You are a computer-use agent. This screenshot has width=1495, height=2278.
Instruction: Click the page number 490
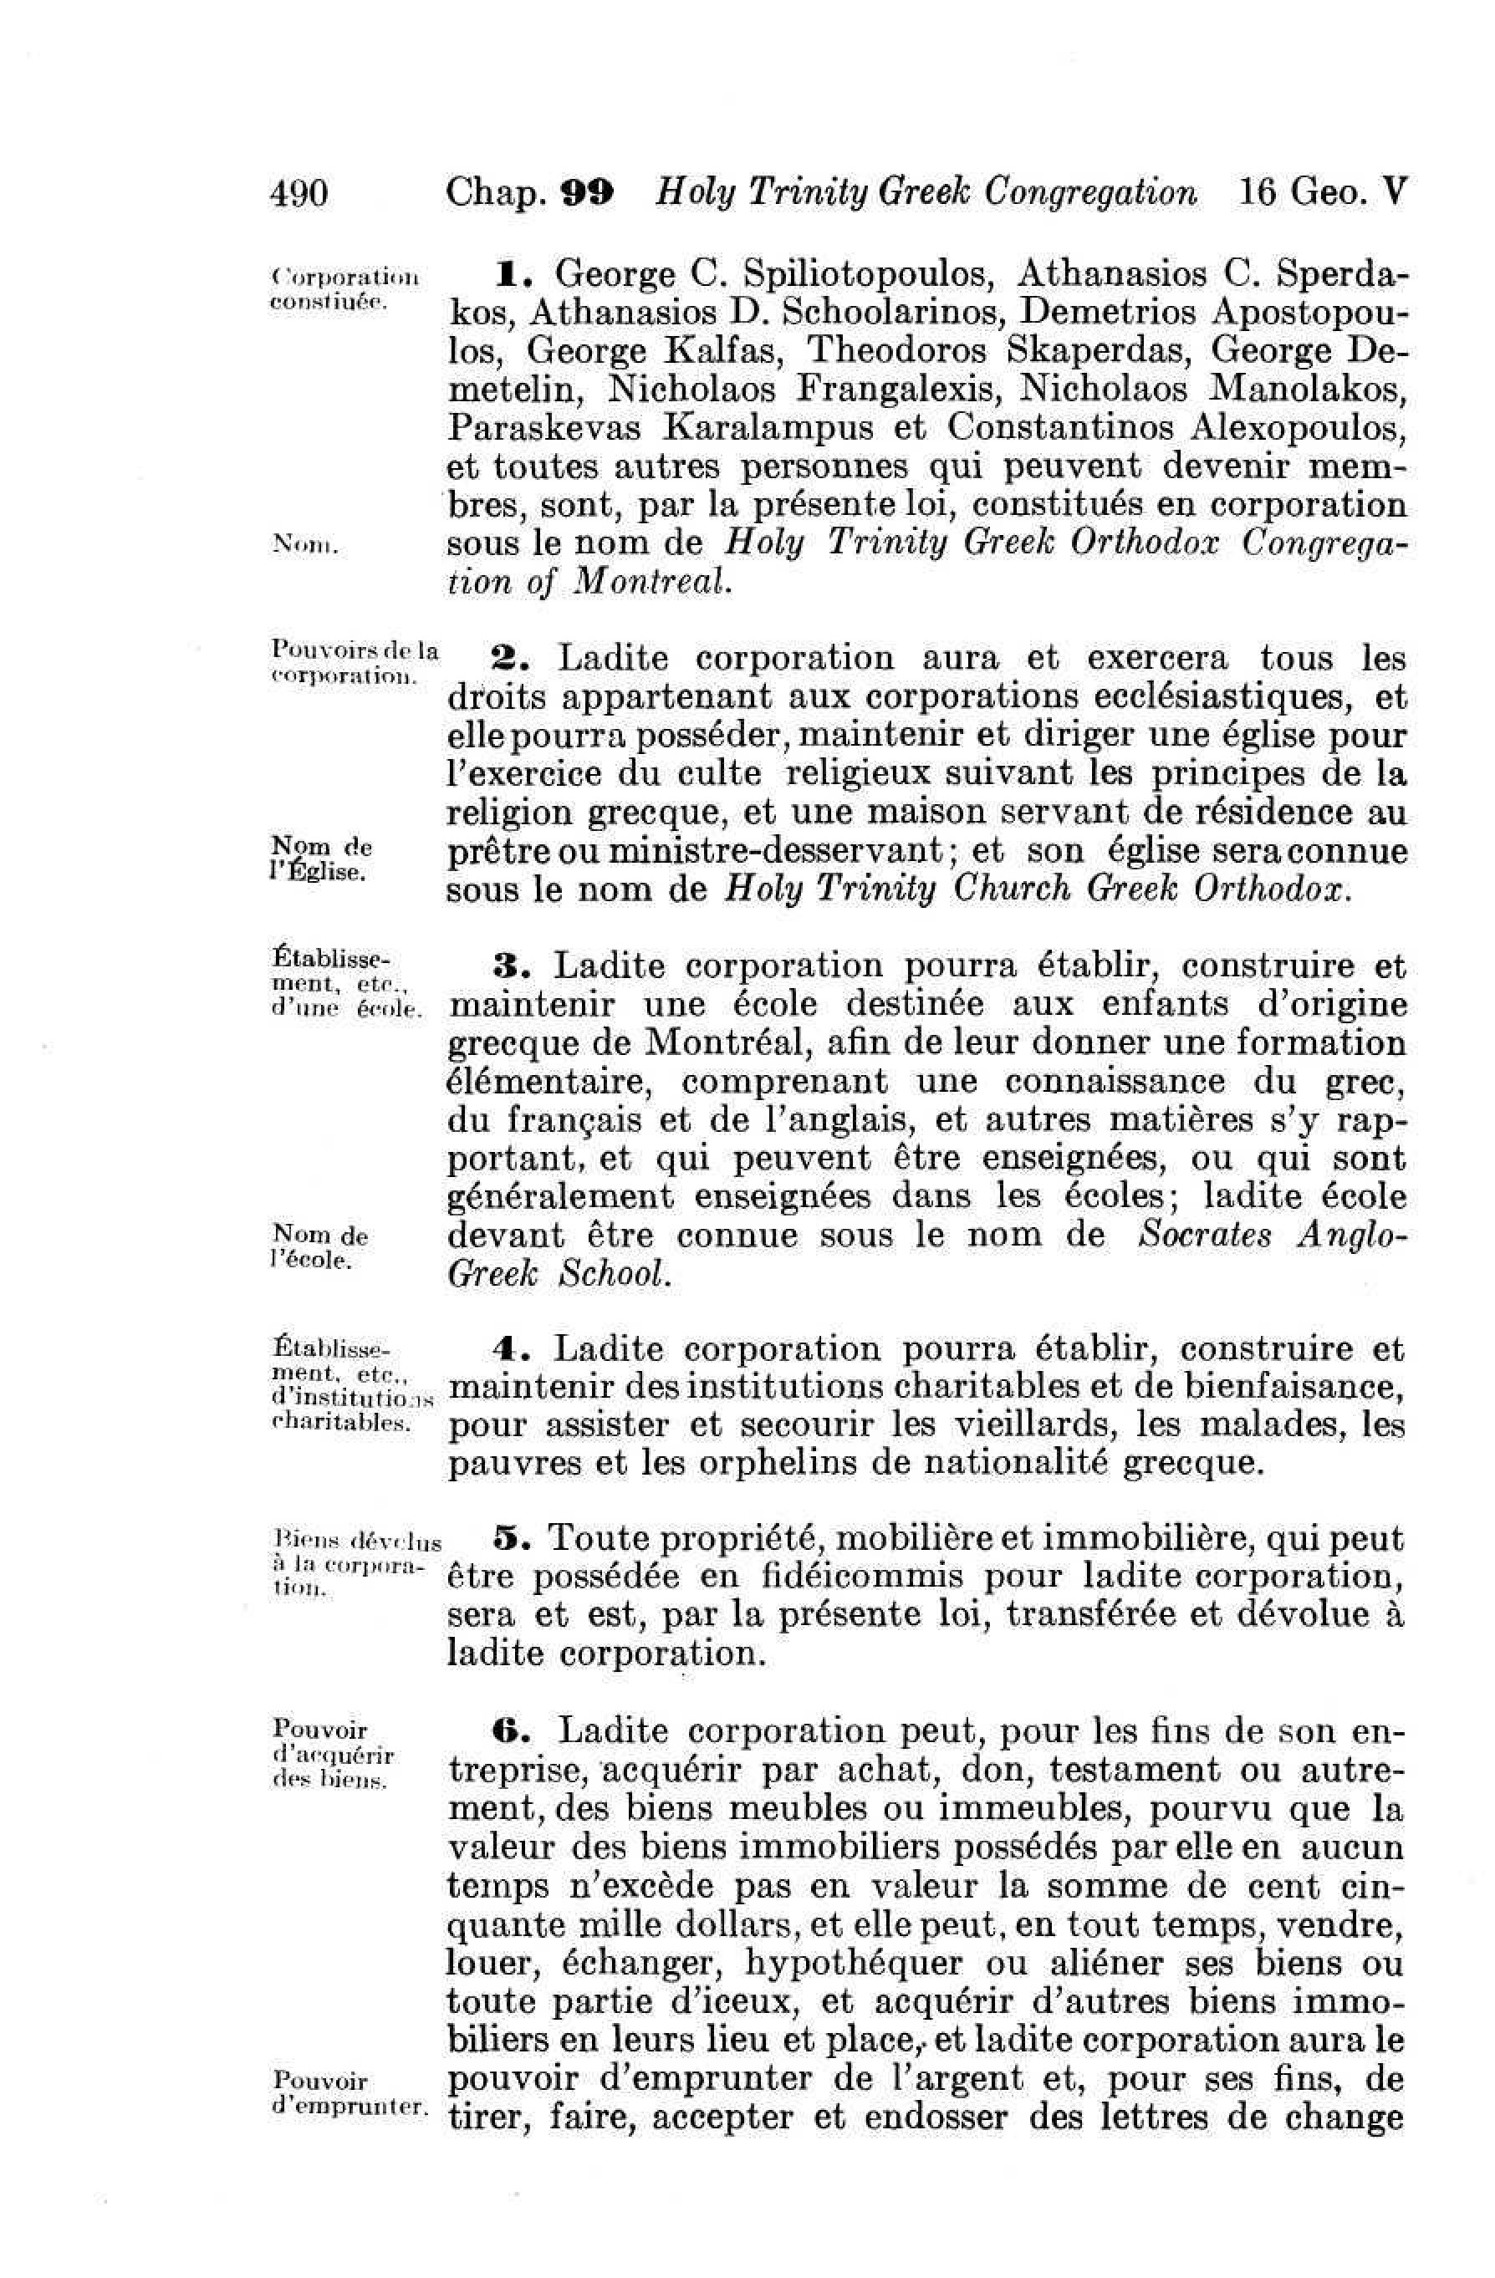tap(299, 193)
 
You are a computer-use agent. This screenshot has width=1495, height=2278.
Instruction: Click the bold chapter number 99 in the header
tap(589, 193)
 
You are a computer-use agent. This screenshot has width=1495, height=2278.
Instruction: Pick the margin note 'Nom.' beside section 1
tap(299, 546)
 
